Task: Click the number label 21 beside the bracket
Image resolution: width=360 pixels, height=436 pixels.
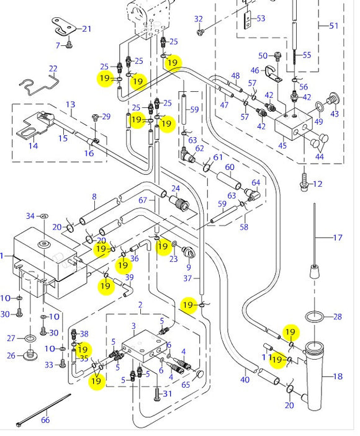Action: (86, 29)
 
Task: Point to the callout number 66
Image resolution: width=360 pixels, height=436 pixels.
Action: (45, 420)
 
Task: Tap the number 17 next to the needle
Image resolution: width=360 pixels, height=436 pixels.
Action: (338, 238)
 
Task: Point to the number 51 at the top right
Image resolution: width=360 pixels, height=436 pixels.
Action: (334, 25)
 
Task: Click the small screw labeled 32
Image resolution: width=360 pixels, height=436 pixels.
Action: (200, 32)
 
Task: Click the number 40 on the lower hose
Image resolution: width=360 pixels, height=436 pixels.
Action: (245, 380)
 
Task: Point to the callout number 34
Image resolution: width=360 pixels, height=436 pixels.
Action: (30, 216)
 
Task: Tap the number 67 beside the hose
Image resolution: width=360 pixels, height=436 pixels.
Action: (143, 200)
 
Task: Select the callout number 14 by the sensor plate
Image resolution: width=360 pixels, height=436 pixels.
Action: (32, 146)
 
